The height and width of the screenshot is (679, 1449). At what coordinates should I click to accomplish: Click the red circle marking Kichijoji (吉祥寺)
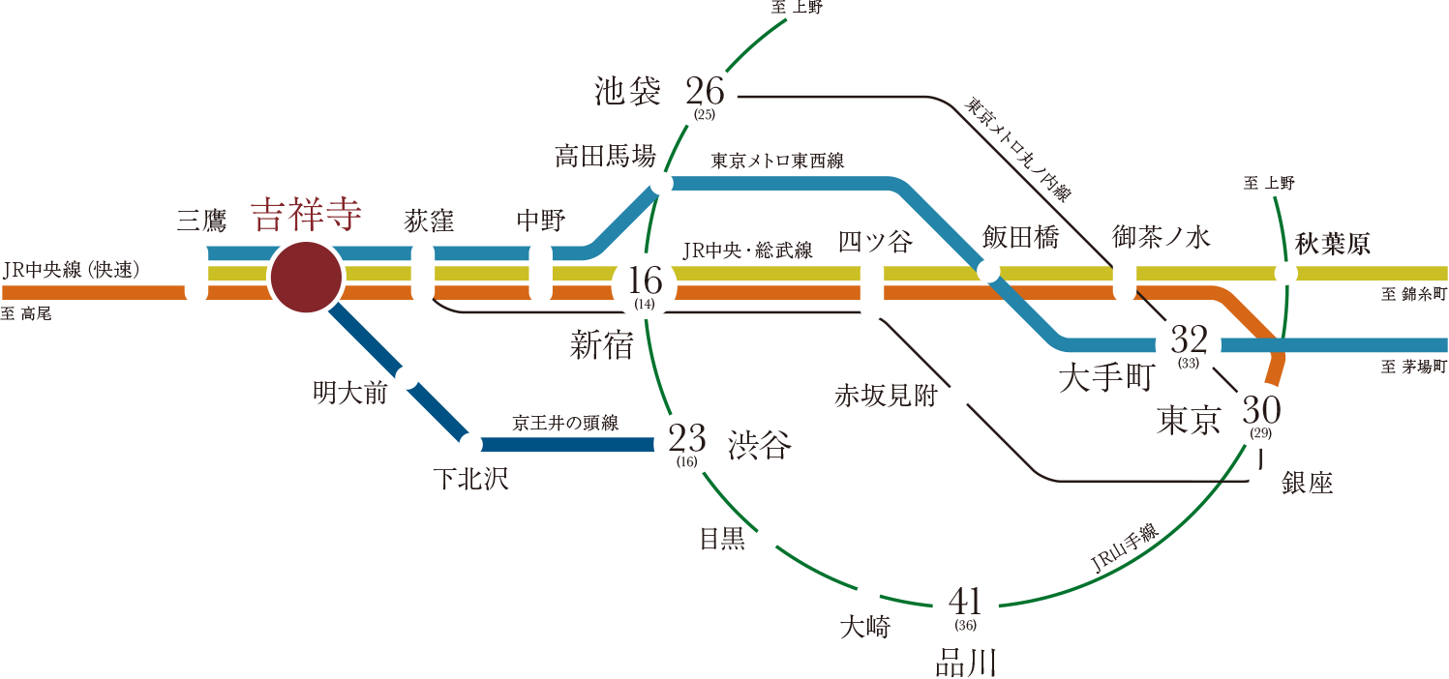pos(306,278)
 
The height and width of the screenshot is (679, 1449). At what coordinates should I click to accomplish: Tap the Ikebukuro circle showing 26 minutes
pos(705,96)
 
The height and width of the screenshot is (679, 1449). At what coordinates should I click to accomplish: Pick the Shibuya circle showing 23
pos(687,444)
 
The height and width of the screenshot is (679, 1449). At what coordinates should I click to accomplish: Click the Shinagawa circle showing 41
pos(964,606)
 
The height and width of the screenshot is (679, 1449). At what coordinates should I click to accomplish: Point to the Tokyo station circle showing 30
pos(1260,415)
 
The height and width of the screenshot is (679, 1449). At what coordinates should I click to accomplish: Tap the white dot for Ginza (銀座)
pos(1260,482)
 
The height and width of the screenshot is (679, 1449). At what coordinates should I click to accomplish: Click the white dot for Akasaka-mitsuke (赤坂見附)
pos(958,396)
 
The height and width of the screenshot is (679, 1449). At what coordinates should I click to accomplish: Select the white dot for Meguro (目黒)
pos(767,538)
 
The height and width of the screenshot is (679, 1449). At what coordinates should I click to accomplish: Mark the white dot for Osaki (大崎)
pos(868,593)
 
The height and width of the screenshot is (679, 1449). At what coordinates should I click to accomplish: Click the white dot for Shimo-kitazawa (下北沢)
pos(470,445)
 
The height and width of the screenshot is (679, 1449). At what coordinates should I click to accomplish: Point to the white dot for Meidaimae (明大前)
pos(408,377)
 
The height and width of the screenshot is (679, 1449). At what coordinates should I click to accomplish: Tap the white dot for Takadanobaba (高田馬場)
pos(662,183)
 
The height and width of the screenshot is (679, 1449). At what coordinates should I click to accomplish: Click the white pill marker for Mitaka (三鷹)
pos(196,273)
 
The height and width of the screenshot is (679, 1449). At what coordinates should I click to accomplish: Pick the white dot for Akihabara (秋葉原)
pos(1285,274)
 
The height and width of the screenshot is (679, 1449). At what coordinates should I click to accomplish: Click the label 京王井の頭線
pos(565,423)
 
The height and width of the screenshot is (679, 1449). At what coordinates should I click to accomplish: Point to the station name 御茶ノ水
pos(1161,238)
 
